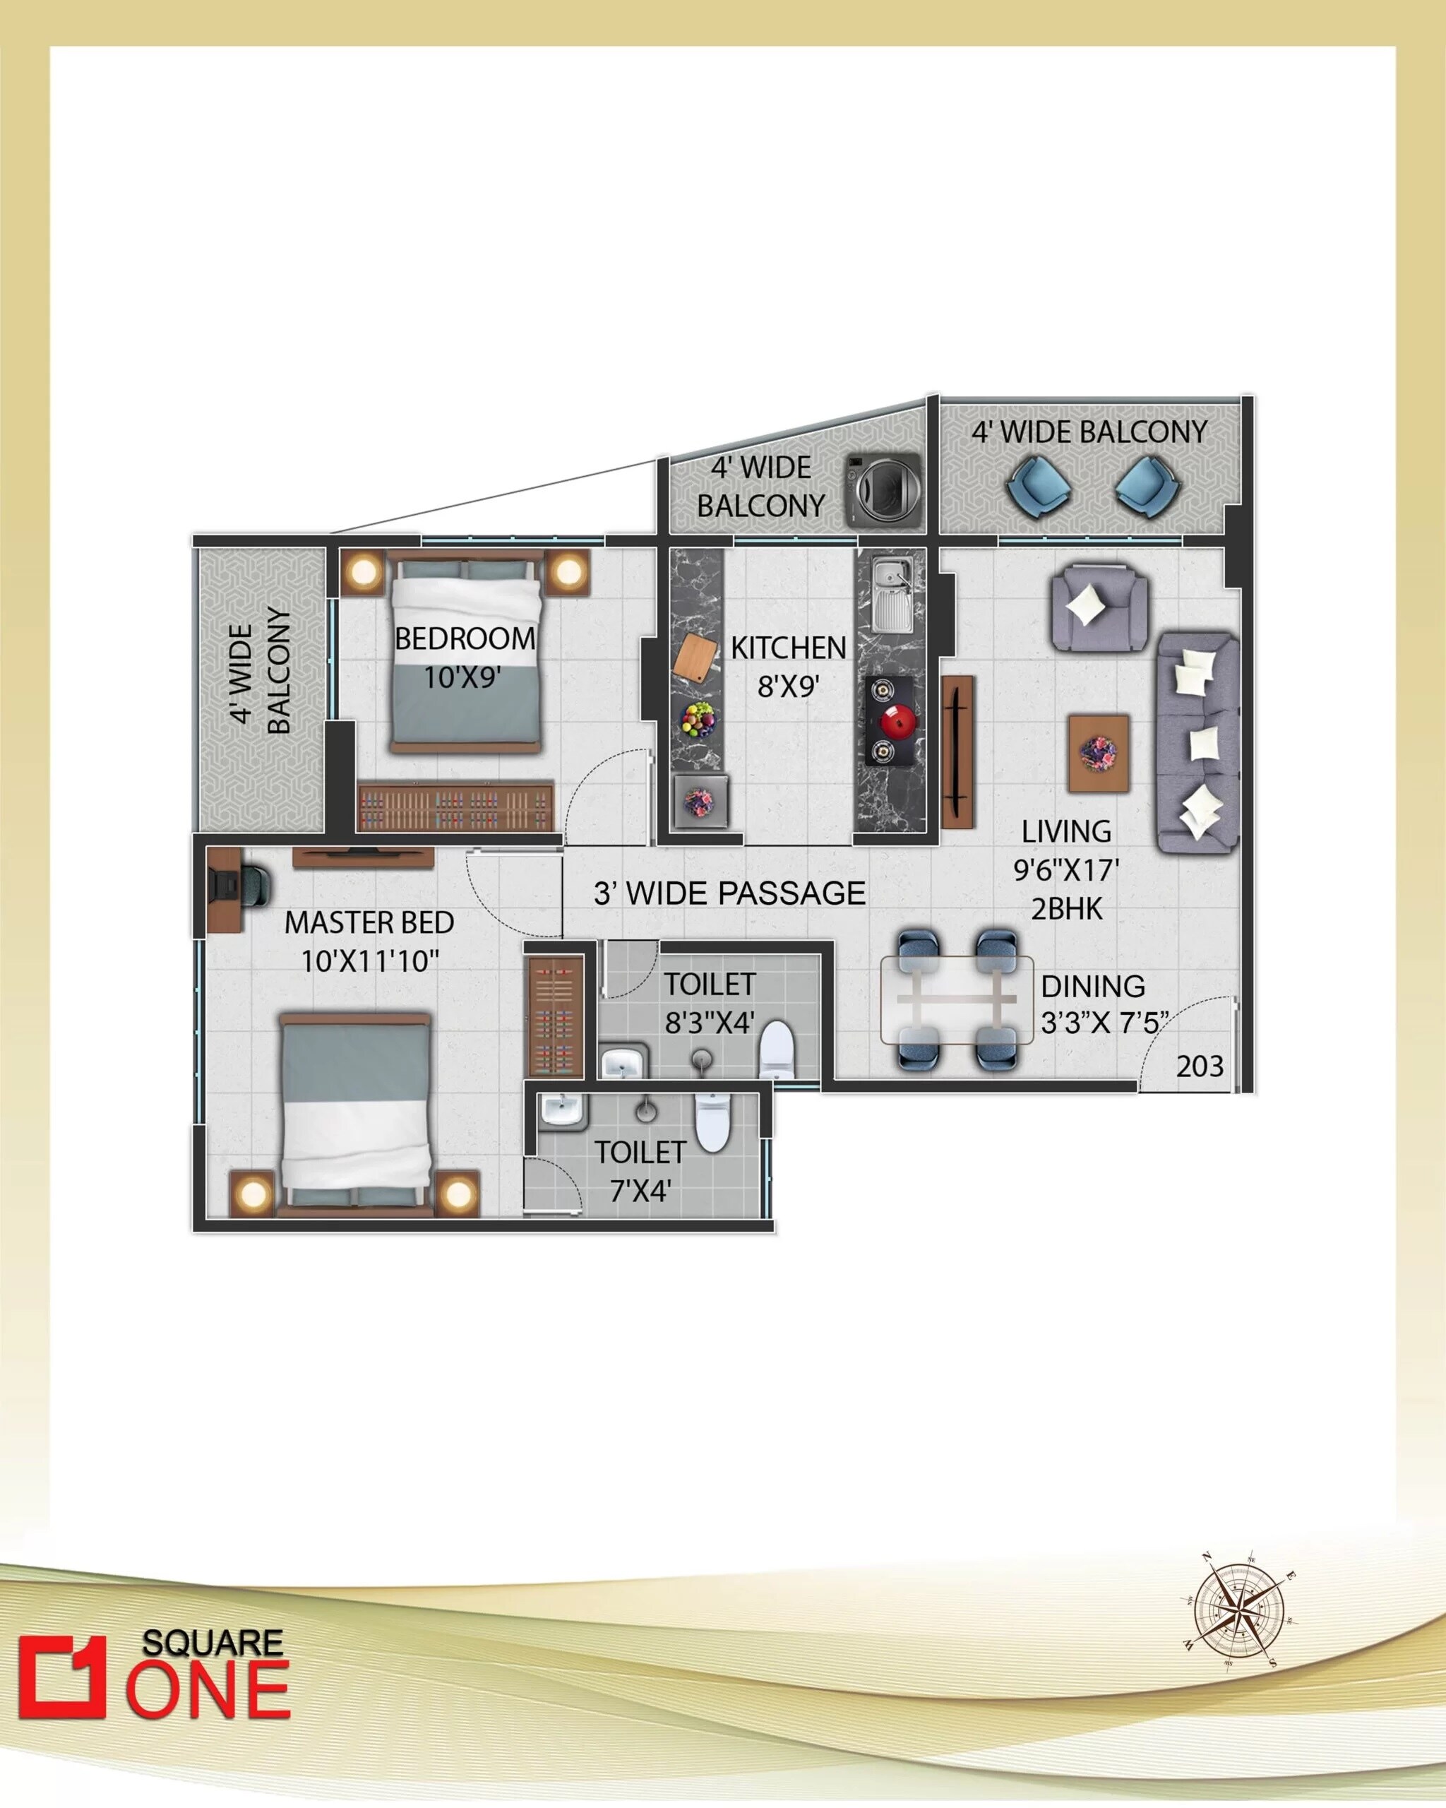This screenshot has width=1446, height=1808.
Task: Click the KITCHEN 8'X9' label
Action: pos(788,667)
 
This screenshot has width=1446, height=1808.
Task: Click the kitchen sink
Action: pos(891,596)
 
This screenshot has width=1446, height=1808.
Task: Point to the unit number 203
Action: pos(1200,1066)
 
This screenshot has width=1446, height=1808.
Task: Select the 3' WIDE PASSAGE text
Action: pos(729,894)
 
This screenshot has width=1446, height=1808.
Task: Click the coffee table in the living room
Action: pos(1098,752)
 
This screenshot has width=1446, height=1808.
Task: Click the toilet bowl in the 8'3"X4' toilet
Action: pos(775,1049)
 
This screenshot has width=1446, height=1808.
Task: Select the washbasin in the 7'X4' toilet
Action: pos(561,1111)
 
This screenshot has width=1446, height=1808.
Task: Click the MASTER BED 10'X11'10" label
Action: pos(370,941)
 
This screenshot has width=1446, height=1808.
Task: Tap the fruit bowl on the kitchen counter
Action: pos(698,720)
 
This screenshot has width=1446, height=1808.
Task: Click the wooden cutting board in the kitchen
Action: pos(695,655)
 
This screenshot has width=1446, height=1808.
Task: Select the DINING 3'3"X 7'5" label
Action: pos(1102,1004)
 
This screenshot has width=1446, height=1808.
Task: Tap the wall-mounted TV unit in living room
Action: pos(957,751)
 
